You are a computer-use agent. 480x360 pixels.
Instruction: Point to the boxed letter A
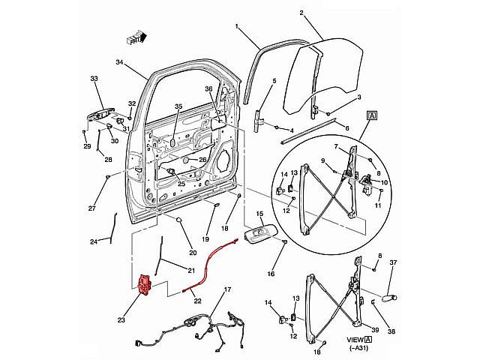[x=372, y=115]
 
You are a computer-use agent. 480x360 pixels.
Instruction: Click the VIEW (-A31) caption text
[x=360, y=343]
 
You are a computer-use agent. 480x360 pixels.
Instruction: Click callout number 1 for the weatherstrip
[x=236, y=28]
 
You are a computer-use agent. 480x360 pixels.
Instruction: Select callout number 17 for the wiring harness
[x=226, y=289]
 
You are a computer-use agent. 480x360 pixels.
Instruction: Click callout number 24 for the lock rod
[x=94, y=241]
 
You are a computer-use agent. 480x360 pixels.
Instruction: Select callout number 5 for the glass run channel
[x=274, y=81]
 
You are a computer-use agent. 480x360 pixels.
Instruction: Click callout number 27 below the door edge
[x=92, y=208]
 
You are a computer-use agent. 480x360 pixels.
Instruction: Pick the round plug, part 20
[x=181, y=219]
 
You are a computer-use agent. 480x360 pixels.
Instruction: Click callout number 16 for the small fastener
[x=271, y=274]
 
